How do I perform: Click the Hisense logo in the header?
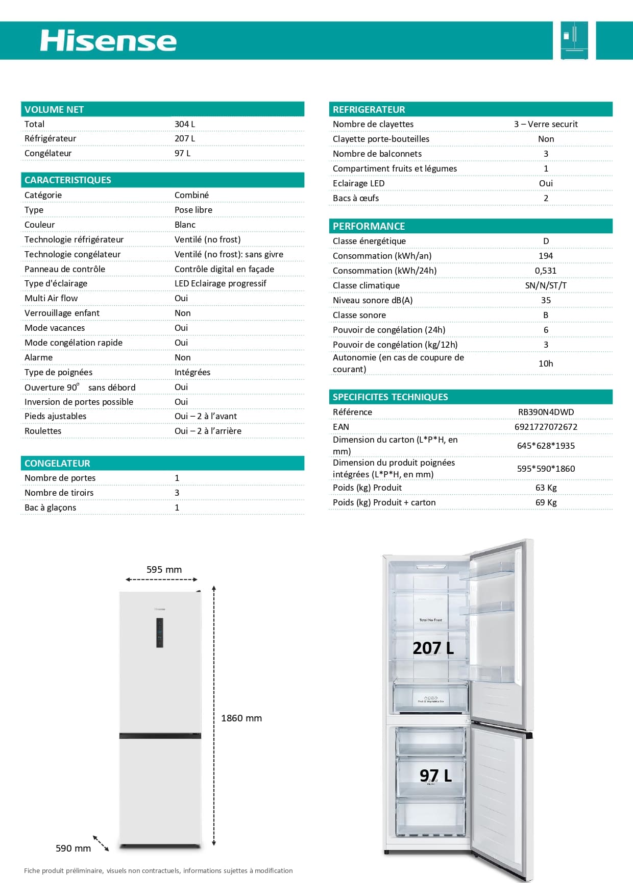[108, 41]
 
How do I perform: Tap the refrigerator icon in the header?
[574, 40]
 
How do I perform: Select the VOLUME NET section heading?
[54, 109]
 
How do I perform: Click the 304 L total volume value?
[184, 124]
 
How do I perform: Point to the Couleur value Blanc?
[185, 225]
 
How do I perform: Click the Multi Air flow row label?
[51, 298]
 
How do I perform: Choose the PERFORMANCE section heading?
[369, 226]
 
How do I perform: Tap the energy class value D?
[546, 241]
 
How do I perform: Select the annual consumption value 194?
[546, 256]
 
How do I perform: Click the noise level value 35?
[546, 300]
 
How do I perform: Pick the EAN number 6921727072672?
[546, 427]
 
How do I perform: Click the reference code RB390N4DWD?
[546, 412]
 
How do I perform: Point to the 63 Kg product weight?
[546, 488]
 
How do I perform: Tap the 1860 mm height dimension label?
[241, 718]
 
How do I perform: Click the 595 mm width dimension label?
[164, 570]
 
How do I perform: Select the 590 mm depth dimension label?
[73, 849]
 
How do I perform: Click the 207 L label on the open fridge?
[433, 648]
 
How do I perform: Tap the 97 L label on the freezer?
[435, 776]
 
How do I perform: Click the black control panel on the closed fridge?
[160, 633]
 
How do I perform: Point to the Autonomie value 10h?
[546, 364]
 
